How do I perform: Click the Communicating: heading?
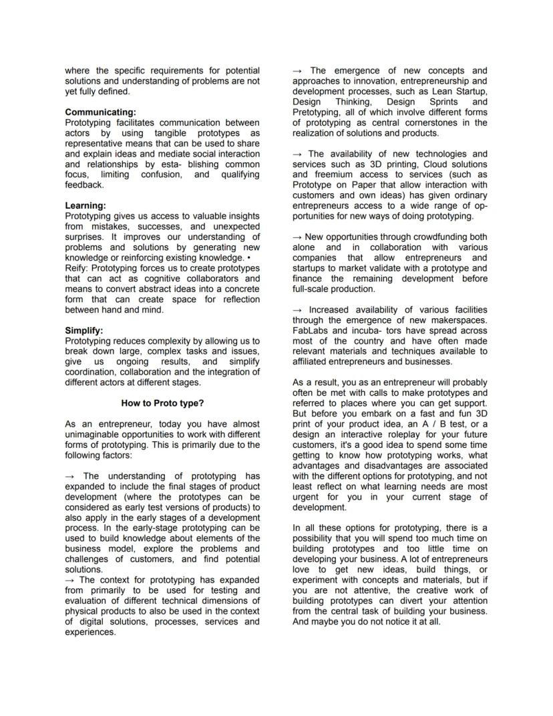point(100,112)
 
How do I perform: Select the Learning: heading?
point(85,206)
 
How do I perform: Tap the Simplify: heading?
point(84,330)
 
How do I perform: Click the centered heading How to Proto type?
point(162,403)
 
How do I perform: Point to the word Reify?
point(75,268)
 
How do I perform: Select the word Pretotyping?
point(319,112)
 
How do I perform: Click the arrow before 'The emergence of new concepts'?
point(298,71)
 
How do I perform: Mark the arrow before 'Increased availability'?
point(298,310)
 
